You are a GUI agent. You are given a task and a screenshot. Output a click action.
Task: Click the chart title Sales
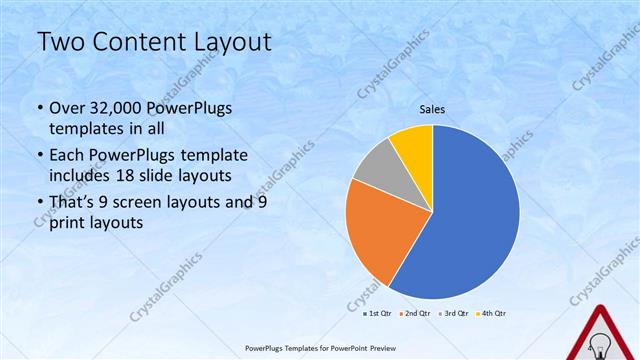click(x=431, y=110)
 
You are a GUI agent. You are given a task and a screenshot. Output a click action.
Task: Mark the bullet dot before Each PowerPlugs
click(x=39, y=156)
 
